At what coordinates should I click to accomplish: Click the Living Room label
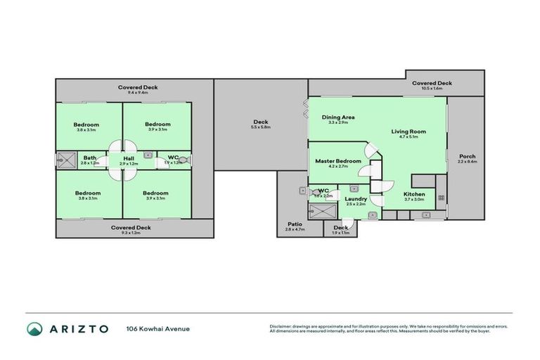[409, 131]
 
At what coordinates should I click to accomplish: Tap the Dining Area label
[337, 117]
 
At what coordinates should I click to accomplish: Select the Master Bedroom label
[338, 161]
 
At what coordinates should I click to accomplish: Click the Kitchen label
[414, 194]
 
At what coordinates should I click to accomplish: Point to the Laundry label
[356, 199]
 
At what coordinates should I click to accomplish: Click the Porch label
[467, 156]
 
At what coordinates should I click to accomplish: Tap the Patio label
[295, 224]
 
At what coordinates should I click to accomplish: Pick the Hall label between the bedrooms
[129, 158]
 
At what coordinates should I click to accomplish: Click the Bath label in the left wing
[90, 157]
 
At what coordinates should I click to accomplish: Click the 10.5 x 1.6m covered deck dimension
[432, 89]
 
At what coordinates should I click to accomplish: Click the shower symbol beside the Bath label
[67, 160]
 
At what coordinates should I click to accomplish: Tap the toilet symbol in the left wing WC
[184, 160]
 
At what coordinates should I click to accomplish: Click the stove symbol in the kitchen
[441, 198]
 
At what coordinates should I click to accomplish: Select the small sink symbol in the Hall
[148, 155]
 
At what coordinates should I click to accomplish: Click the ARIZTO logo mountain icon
[34, 328]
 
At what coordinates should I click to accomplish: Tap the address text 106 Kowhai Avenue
[157, 328]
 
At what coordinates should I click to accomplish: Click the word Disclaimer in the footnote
[281, 326]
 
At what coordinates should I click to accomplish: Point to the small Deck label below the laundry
[340, 227]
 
